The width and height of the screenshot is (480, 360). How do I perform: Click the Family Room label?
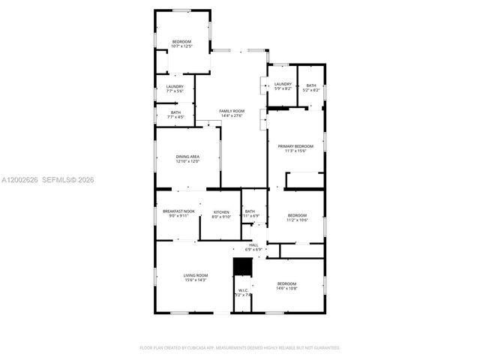pos(232,111)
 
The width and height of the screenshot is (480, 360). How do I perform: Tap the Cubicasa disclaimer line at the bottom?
pos(240,348)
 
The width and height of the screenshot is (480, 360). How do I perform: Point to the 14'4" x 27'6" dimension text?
pos(232,115)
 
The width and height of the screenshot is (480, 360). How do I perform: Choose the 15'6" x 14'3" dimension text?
pos(196,280)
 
